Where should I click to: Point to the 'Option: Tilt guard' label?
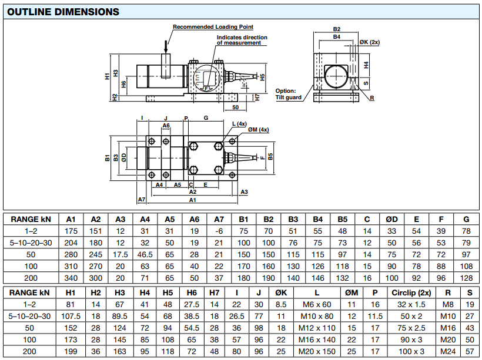click(289, 94)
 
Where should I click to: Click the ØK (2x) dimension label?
click(370, 43)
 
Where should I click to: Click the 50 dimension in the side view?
click(235, 107)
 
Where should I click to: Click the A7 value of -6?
click(219, 231)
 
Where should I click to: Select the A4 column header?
click(145, 219)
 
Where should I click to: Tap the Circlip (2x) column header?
click(411, 292)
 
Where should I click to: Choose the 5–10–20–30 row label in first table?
click(31, 242)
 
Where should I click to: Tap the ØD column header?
click(391, 219)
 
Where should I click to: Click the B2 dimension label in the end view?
click(337, 29)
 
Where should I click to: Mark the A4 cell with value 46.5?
click(145, 254)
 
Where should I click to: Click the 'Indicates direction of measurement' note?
click(242, 40)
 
